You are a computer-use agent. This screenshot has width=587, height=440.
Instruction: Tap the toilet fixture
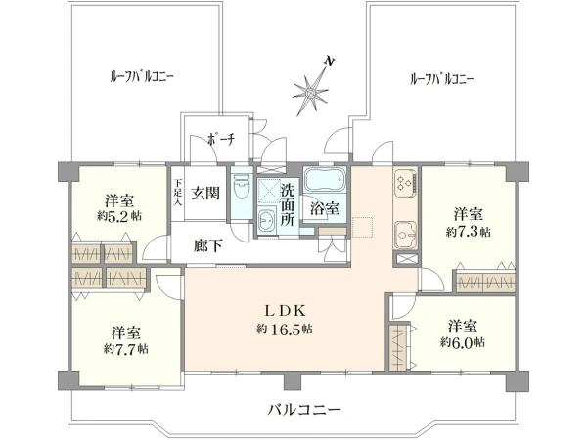pos(242,192)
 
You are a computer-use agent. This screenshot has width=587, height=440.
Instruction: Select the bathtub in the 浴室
pos(324,179)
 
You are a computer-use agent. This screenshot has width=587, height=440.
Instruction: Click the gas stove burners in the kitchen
pos(405,182)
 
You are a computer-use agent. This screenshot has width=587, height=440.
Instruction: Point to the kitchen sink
pos(405,236)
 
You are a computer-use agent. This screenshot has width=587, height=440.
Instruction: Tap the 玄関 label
pos(205,193)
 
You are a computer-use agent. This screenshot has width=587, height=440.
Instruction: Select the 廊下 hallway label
pos(207,245)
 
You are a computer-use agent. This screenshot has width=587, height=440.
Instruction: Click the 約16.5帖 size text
pos(285,330)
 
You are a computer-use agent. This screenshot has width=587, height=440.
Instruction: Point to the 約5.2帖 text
pos(119,217)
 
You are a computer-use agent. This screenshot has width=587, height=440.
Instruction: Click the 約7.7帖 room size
pos(126,349)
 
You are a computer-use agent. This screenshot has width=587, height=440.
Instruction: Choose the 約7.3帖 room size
pos(468,232)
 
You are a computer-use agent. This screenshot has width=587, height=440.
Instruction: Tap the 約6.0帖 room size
pos(463,342)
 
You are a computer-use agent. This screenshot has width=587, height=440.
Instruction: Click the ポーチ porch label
pos(221,139)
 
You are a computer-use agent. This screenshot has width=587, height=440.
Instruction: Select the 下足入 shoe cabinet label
pos(177,193)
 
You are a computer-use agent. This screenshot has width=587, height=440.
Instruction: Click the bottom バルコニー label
pos(304,410)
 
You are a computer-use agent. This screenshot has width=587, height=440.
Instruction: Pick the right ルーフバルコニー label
pos(442,79)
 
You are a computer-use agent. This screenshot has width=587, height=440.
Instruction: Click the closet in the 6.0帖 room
pos(399,347)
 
